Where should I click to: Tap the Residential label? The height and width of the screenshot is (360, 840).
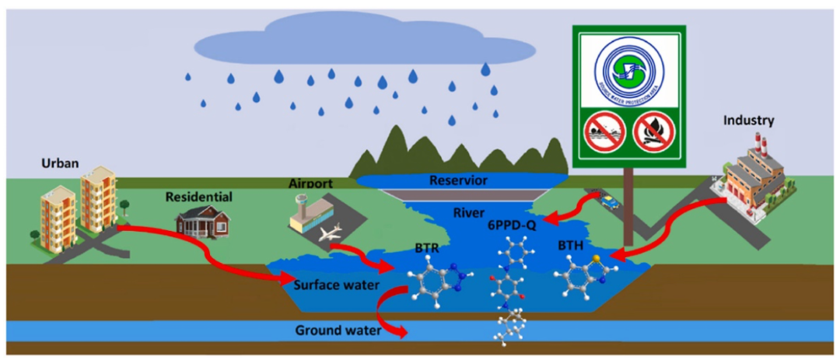(198, 197)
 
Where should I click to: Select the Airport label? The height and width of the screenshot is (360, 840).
(310, 184)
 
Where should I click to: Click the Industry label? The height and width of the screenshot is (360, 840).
(748, 121)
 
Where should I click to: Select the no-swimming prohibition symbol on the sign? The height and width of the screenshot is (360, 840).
(606, 131)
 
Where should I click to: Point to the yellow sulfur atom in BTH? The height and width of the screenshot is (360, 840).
(596, 258)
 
